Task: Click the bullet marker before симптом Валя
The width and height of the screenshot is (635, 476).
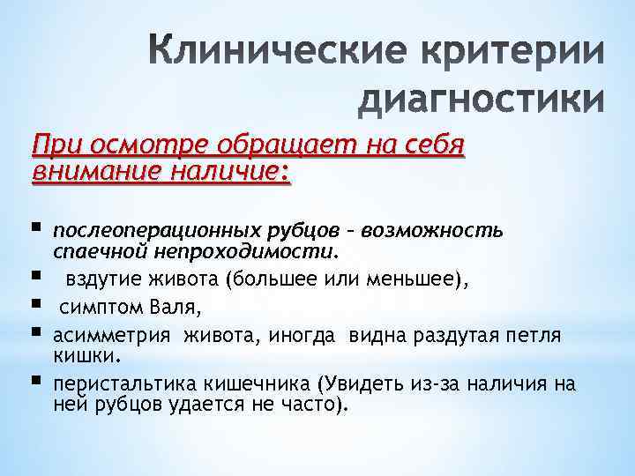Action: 37,306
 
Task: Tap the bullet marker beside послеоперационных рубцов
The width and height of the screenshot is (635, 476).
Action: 37,229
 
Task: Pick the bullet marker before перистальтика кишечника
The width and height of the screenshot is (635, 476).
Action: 37,383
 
